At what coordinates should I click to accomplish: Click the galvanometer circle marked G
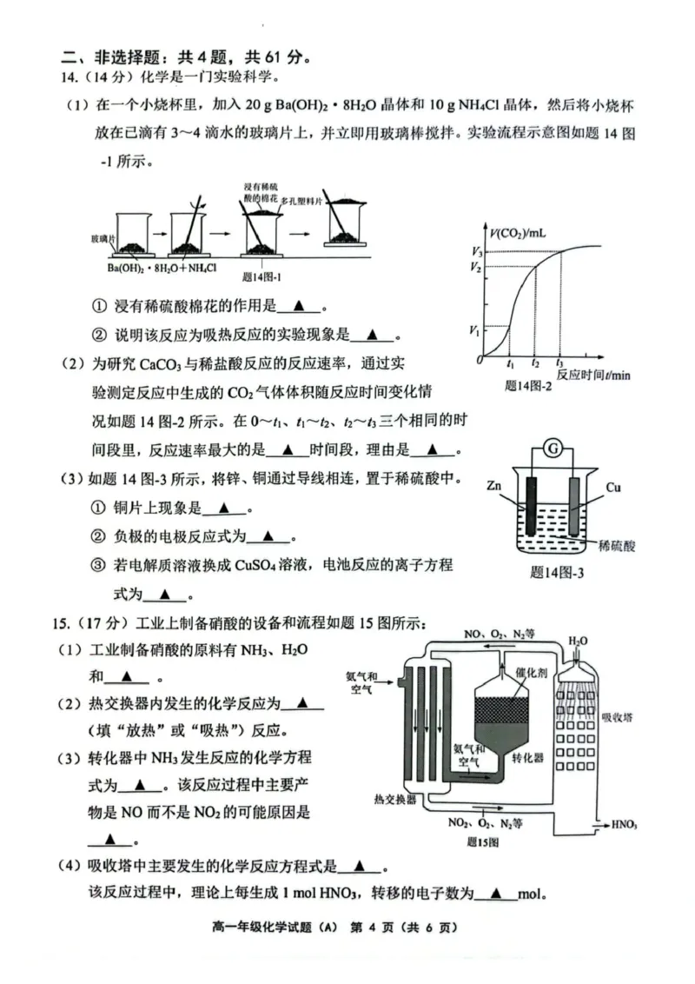coord(551,449)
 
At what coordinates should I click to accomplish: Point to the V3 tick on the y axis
coord(475,252)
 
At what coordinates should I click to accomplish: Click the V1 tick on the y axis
coord(475,328)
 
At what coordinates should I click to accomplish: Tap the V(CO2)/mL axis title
coord(520,233)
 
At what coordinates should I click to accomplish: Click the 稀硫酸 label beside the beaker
coord(618,546)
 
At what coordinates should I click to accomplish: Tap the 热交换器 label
coord(394,798)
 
